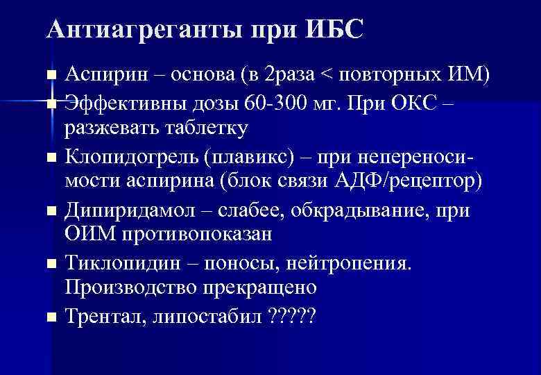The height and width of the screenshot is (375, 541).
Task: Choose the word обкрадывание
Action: [x=354, y=210]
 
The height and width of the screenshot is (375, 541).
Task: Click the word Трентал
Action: [x=96, y=317]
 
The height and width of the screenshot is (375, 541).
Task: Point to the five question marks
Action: [x=291, y=317]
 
